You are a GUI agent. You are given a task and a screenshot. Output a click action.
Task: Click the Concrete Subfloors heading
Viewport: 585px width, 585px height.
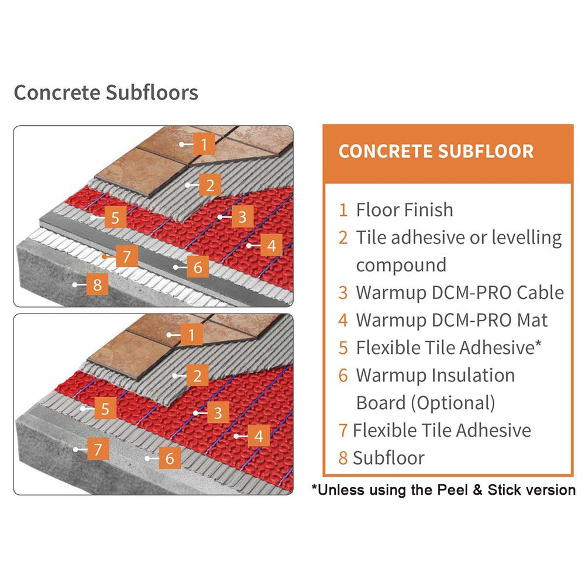point(106,93)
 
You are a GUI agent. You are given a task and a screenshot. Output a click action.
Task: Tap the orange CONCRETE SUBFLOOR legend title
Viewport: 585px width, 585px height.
point(436,151)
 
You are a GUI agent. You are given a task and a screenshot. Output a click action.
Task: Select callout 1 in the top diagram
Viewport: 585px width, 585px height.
point(203,143)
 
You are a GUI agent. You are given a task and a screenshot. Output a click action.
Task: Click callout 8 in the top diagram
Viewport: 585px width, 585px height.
point(97,285)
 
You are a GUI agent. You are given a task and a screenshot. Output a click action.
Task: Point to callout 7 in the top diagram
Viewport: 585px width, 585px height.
point(126,256)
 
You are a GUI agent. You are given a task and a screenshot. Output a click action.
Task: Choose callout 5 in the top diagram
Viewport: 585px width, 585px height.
point(115,218)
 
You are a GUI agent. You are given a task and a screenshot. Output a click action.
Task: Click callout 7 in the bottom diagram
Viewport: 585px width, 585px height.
point(98,449)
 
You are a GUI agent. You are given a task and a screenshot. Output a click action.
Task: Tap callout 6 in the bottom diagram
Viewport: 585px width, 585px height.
point(170,457)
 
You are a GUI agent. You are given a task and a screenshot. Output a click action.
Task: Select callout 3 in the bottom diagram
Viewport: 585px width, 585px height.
point(217,413)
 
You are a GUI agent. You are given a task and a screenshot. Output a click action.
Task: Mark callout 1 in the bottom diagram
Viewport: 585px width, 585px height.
point(191,335)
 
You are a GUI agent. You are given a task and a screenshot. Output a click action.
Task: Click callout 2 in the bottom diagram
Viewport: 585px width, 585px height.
point(197,375)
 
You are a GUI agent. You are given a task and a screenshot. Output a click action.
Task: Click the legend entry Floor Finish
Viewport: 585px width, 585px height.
point(404,209)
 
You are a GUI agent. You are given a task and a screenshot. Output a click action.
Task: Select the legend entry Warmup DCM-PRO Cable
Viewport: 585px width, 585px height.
point(459,292)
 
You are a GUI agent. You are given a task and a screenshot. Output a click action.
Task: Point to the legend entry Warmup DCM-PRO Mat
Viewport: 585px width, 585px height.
point(452,320)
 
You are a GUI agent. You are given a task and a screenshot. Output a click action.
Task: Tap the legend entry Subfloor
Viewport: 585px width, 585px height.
point(388,457)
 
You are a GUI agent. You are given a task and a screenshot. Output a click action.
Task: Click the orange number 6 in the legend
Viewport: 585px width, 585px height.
point(343,375)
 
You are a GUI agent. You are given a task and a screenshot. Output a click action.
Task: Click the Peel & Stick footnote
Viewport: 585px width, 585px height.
point(443,489)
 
